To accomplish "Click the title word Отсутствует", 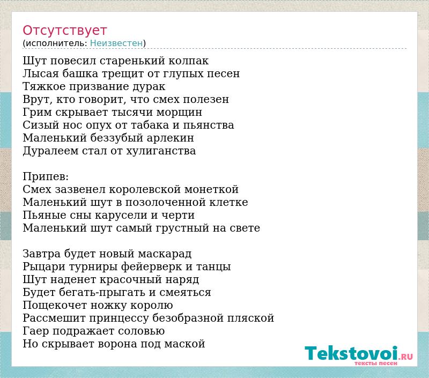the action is click(x=64, y=31).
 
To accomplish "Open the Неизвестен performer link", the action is click(x=116, y=43).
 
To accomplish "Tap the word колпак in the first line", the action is click(x=189, y=61).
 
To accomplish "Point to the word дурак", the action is click(x=149, y=87).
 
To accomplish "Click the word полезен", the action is click(x=206, y=100).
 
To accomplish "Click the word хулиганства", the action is click(x=161, y=151).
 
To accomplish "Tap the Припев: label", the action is click(x=46, y=177).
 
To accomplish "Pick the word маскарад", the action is click(x=165, y=254).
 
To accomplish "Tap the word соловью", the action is click(x=142, y=331).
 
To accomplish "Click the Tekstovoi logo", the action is click(x=358, y=353).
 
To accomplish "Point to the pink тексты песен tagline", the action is click(x=376, y=363).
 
